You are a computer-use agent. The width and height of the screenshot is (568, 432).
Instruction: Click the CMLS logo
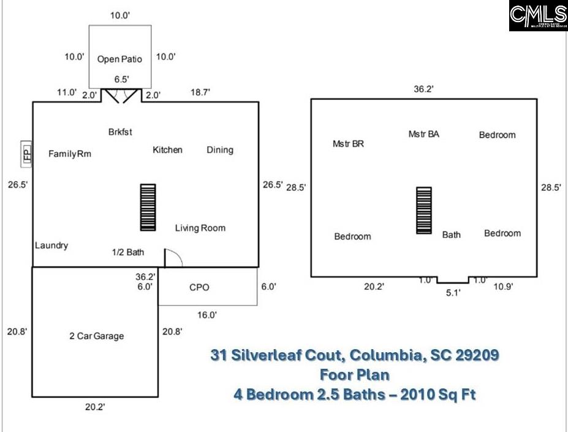(537, 16)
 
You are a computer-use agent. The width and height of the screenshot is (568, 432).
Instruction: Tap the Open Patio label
(119, 60)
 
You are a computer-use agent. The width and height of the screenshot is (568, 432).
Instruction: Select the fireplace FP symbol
(26, 153)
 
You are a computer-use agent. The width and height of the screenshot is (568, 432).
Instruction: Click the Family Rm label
(70, 153)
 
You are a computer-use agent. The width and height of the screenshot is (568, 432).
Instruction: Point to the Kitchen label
(167, 150)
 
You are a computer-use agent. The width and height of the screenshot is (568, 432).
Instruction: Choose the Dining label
(219, 150)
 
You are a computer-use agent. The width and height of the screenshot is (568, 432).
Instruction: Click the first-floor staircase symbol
(148, 207)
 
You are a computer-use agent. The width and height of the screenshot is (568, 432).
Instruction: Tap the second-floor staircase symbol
(424, 210)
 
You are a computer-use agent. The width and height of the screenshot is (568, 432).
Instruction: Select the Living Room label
(200, 228)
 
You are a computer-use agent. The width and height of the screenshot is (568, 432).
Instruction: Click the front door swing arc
(174, 258)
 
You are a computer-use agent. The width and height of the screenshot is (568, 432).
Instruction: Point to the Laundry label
(51, 245)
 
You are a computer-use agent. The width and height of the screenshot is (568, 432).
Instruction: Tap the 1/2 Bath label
(127, 252)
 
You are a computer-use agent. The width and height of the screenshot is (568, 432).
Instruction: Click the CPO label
(199, 287)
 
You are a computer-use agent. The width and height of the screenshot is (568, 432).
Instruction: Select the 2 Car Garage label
(96, 336)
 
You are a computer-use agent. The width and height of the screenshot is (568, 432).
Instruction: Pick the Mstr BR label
(348, 144)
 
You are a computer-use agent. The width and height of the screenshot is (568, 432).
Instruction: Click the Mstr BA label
(423, 134)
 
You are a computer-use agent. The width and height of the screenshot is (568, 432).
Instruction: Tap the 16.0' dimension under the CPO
(206, 315)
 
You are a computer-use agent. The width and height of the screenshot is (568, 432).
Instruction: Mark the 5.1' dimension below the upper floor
(452, 293)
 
